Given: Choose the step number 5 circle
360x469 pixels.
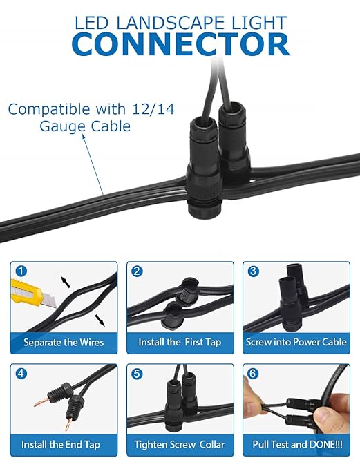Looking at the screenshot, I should coord(137,374).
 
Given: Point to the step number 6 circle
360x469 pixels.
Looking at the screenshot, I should coord(253,374).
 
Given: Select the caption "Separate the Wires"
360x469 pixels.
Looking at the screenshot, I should coord(64,342).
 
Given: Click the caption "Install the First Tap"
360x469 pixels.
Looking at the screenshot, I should coord(180,342).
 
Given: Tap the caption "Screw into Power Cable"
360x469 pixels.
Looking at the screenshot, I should coord(296,342).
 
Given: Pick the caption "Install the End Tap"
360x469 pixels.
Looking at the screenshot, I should coord(64,444).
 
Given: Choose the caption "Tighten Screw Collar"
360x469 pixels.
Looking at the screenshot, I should coord(180,444).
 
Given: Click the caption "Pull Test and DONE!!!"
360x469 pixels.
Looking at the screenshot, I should coord(296,444).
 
